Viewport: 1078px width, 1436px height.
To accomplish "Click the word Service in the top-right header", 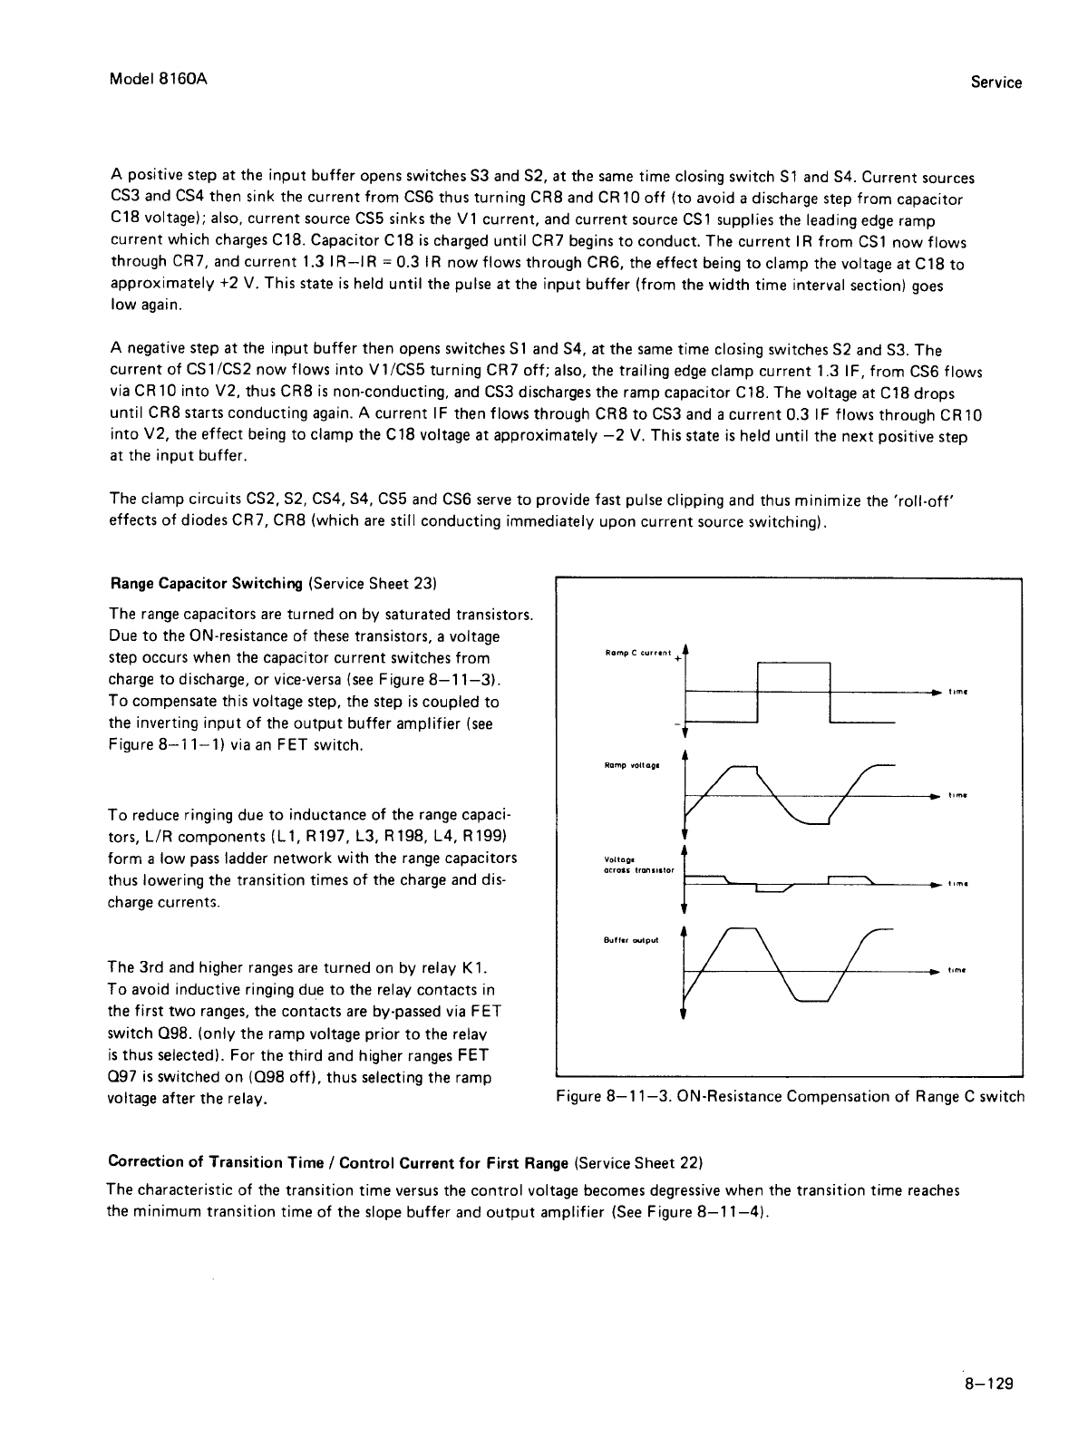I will [995, 82].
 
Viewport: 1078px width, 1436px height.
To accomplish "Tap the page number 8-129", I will [987, 1383].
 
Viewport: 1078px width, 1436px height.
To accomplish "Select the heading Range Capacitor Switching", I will [206, 582].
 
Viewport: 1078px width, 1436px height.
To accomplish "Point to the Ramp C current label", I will [636, 653].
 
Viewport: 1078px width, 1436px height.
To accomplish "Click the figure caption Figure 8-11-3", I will [790, 1096].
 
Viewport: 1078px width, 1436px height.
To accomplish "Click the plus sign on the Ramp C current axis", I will [677, 659].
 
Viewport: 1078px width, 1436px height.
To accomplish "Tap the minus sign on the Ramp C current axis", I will [677, 723].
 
